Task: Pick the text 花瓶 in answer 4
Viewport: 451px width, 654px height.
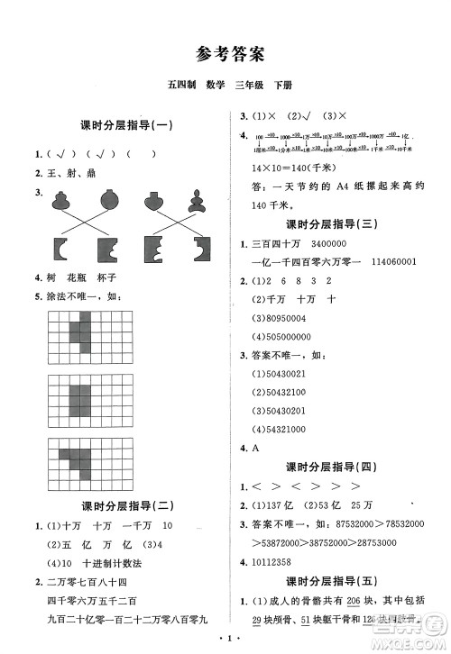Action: click(x=81, y=277)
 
